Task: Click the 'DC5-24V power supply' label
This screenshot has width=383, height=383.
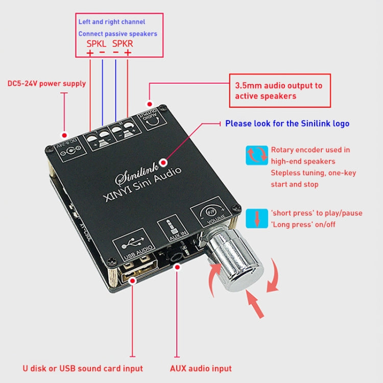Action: point(46,83)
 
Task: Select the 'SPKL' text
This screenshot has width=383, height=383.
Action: point(96,44)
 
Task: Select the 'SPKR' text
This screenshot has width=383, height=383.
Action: point(122,44)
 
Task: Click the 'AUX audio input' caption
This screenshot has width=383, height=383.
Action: point(201,368)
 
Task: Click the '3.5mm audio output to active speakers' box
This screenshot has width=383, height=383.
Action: point(279,90)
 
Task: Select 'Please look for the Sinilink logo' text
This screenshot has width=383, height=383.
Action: point(287,124)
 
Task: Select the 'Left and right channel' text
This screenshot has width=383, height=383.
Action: point(111,22)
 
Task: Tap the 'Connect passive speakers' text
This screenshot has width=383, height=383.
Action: point(117,34)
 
